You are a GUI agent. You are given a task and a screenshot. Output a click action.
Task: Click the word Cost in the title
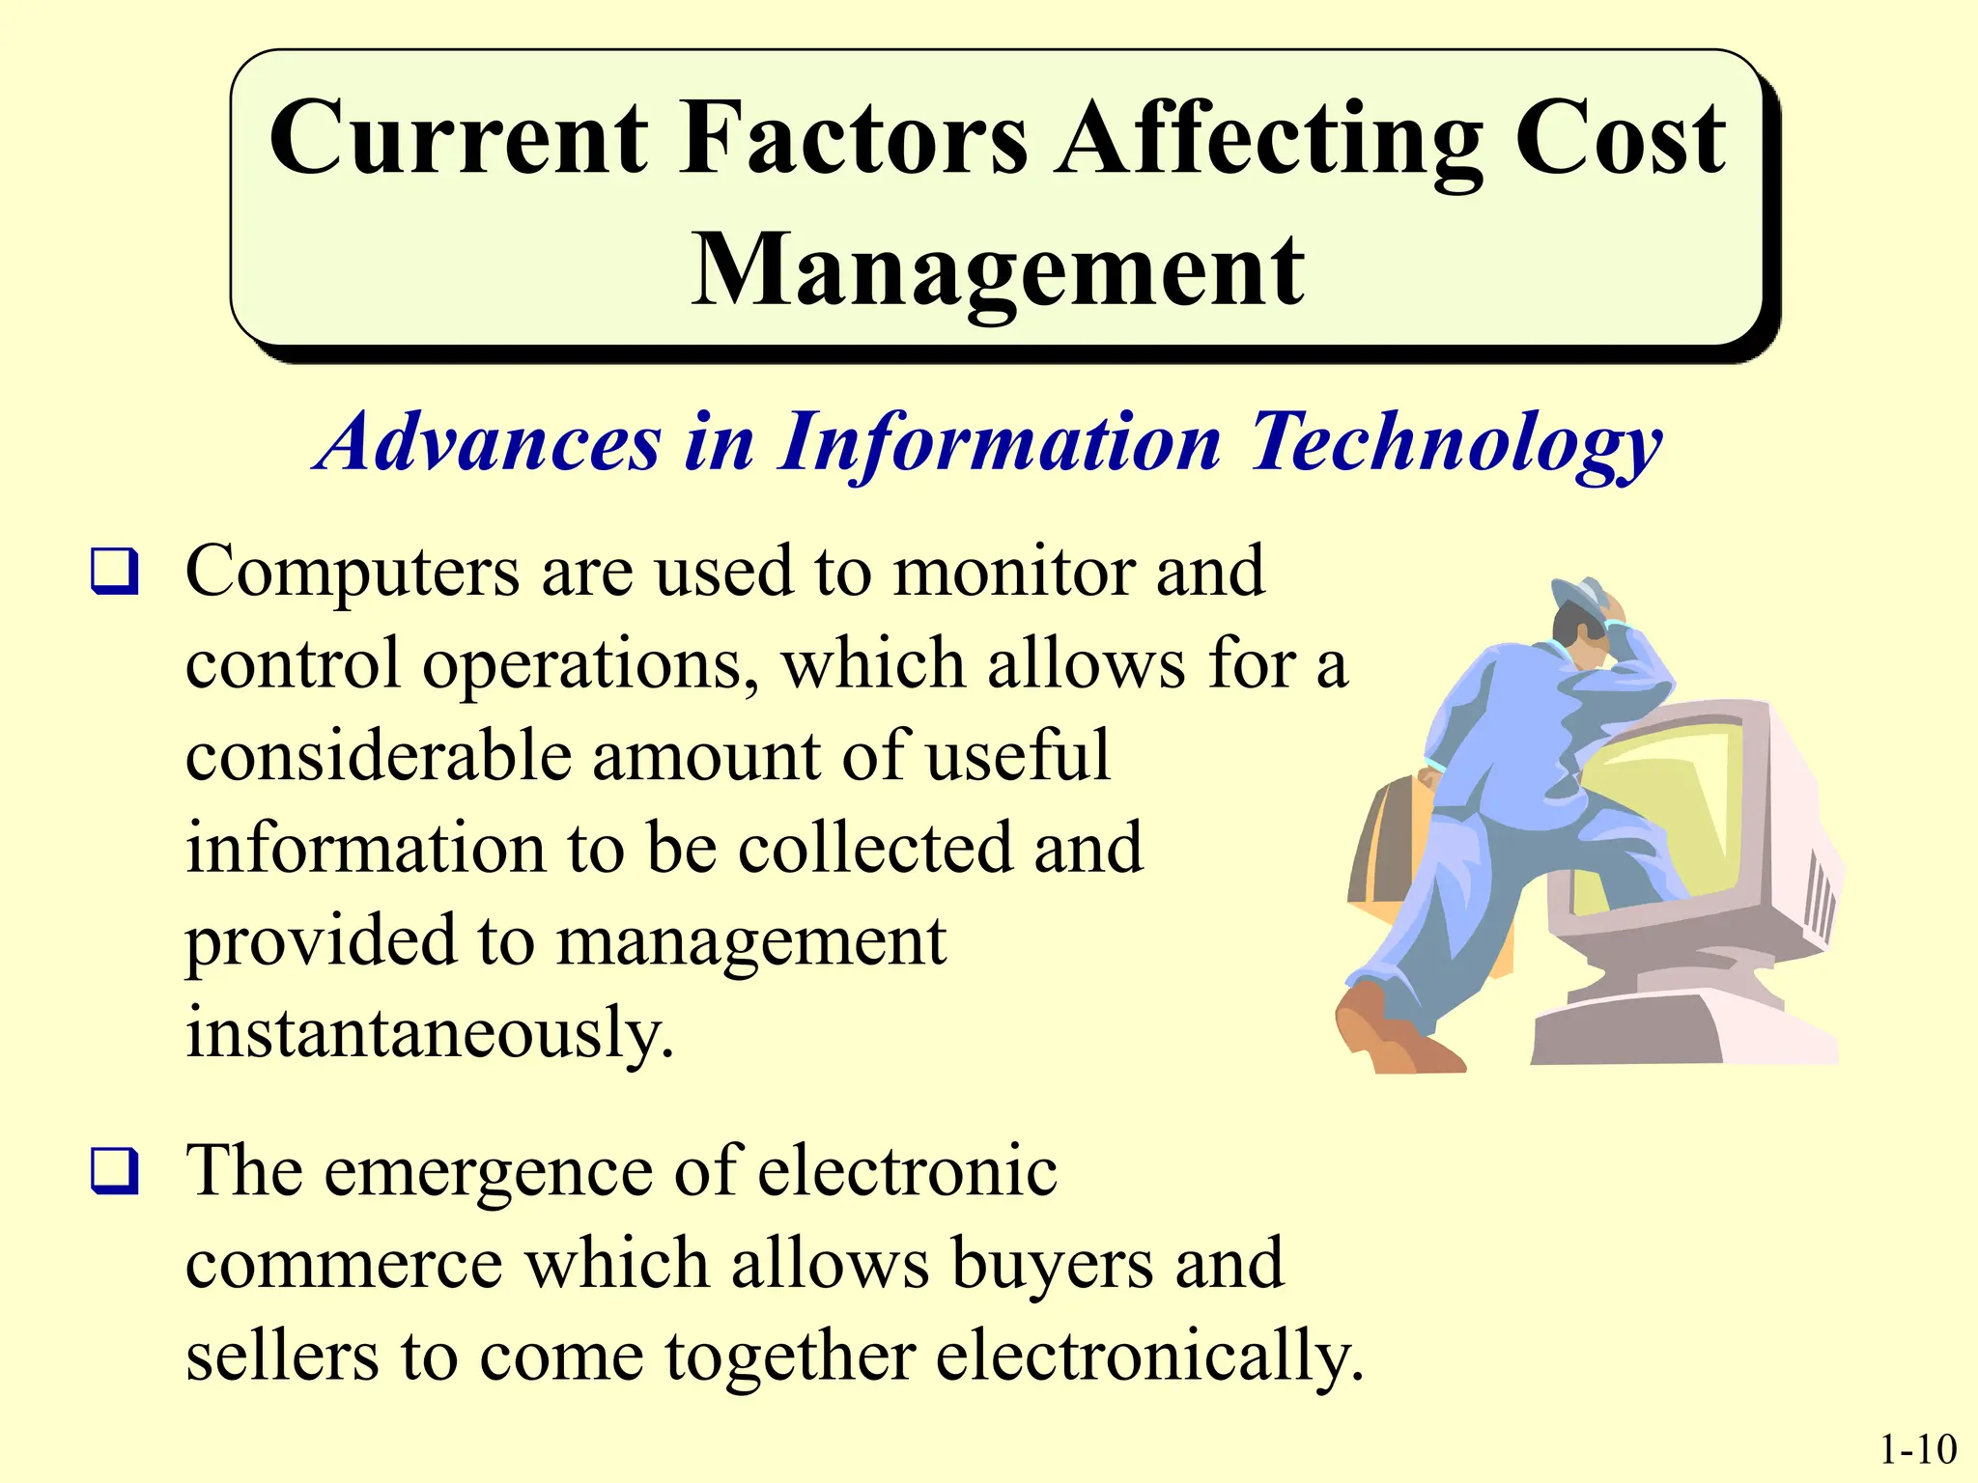click(1620, 140)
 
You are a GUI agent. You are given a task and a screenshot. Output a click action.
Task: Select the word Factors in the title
click(853, 140)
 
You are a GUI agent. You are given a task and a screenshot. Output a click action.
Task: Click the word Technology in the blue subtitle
click(1455, 444)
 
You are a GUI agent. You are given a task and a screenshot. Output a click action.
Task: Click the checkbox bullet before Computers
click(115, 571)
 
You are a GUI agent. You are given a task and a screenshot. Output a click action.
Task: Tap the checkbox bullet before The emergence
click(115, 1171)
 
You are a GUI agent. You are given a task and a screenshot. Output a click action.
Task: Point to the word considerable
click(378, 756)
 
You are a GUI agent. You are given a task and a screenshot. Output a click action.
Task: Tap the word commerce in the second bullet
click(344, 1264)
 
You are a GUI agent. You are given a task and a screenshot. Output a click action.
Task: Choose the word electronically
click(1148, 1357)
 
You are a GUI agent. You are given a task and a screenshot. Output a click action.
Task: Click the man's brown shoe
click(1391, 1033)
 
